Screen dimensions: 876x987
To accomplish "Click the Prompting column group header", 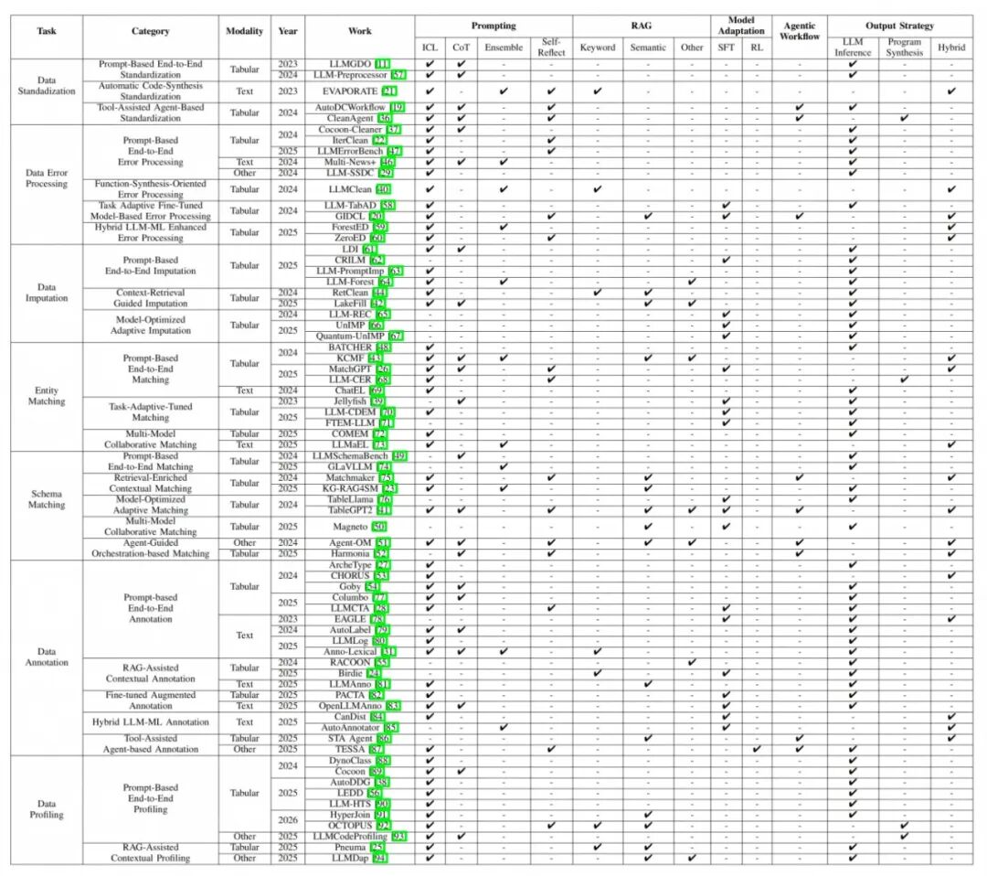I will pos(493,26).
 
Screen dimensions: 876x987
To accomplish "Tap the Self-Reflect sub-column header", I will pos(551,47).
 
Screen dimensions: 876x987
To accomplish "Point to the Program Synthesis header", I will pos(905,47).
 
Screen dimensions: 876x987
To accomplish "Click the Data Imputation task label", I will pos(47,293).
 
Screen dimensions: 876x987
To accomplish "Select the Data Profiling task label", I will pos(47,808).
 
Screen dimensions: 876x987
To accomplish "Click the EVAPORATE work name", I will pos(350,91).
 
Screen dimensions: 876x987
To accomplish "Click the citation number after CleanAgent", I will pos(384,118).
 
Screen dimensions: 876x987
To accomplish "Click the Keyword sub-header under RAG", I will pos(598,47).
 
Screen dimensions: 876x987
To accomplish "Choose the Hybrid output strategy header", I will pos(950,47).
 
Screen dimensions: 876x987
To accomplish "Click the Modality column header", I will pos(245,31).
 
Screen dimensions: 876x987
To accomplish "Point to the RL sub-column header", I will pos(756,47).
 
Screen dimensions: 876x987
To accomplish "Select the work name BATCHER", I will pos(349,347).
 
